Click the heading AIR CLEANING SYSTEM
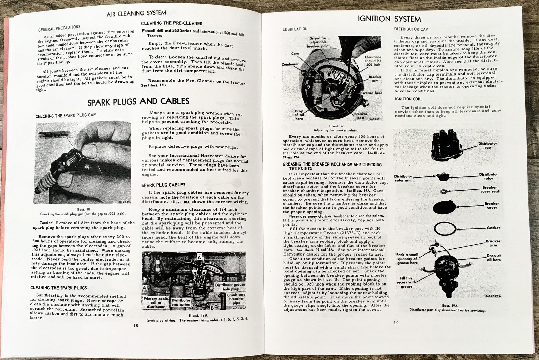(x=136, y=13)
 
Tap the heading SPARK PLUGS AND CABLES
(x=138, y=101)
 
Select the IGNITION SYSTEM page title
(x=389, y=19)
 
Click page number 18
(x=135, y=325)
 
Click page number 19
(x=396, y=323)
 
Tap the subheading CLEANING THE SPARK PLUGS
(x=59, y=288)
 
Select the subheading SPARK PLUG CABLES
(x=163, y=185)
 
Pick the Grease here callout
(x=372, y=93)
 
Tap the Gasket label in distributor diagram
(x=493, y=228)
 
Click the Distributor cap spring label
(x=181, y=302)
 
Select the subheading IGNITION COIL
(x=408, y=99)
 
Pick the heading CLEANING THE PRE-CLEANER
(x=172, y=23)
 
